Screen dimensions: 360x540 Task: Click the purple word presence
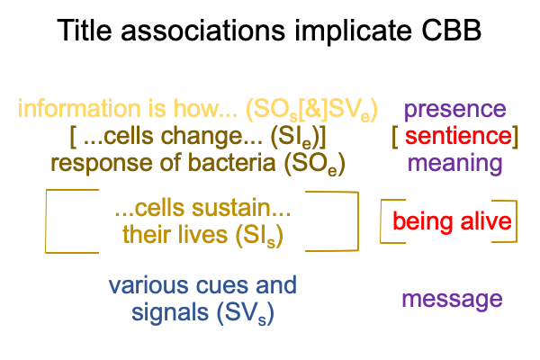point(454,110)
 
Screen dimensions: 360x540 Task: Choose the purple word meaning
point(454,163)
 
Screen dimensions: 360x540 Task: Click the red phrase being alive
point(452,221)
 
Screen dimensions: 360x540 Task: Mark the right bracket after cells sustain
point(345,220)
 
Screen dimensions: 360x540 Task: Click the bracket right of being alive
point(519,221)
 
